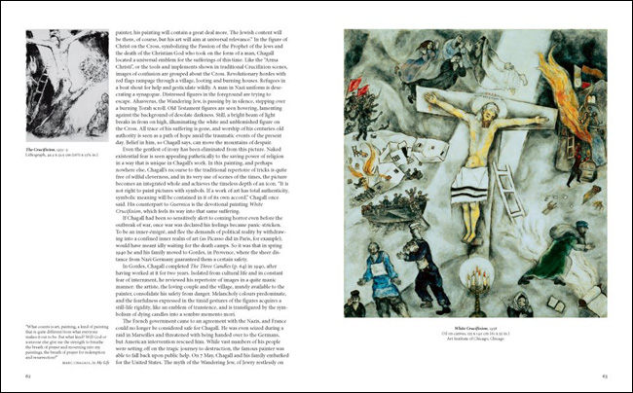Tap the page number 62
click(x=28, y=373)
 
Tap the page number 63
click(x=604, y=373)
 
